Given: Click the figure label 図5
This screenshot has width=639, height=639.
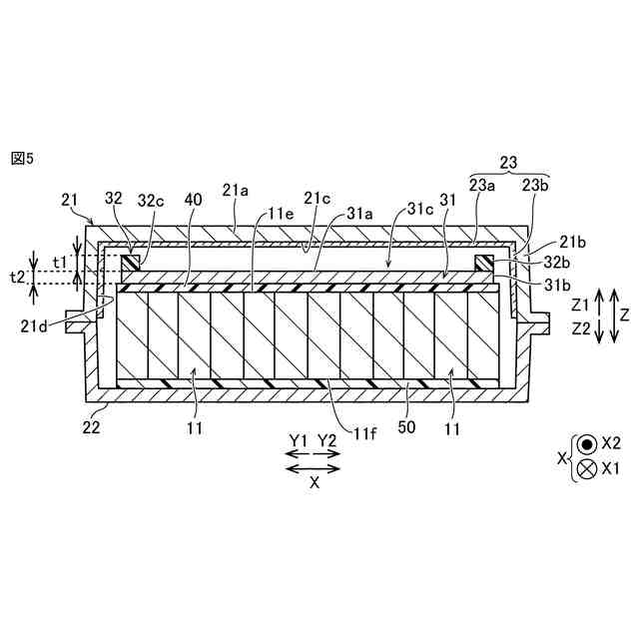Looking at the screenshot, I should pyautogui.click(x=22, y=159).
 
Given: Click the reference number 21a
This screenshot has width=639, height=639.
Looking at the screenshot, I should pyautogui.click(x=236, y=189).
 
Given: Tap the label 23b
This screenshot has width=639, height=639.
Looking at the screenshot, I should pyautogui.click(x=535, y=184).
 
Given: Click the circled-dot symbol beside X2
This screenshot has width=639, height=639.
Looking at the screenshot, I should pyautogui.click(x=587, y=443).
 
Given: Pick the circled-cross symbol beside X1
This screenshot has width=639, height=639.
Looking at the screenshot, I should pyautogui.click(x=587, y=467).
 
